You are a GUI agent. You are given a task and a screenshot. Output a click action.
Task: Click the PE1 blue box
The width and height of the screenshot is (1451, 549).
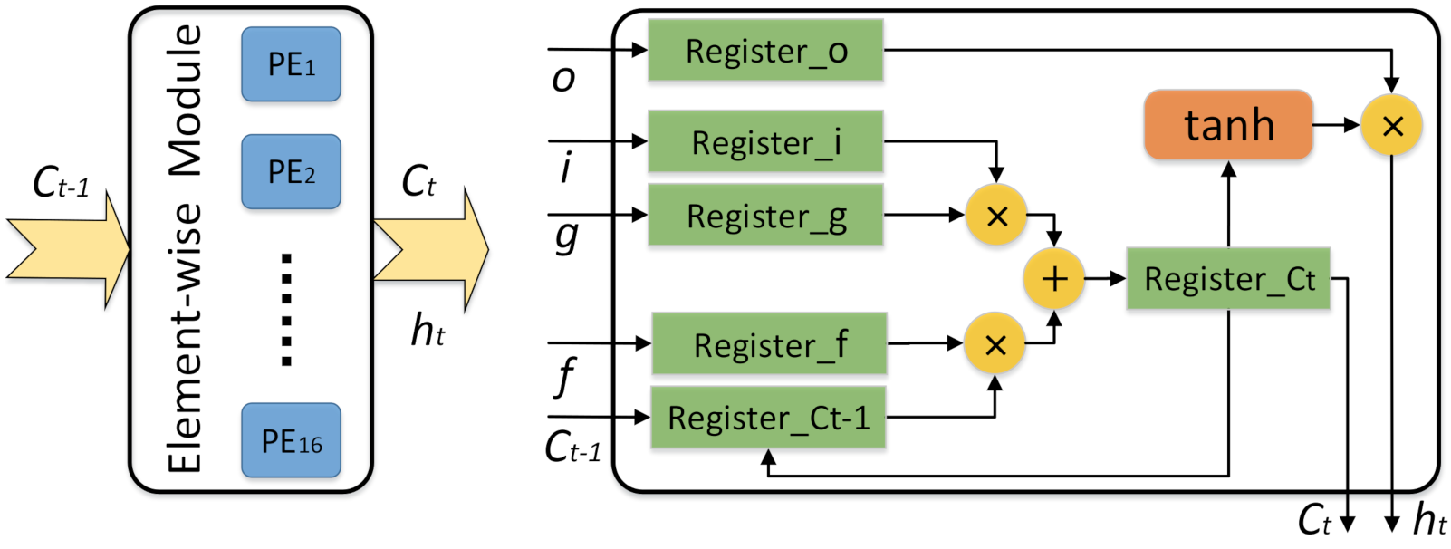tap(291, 64)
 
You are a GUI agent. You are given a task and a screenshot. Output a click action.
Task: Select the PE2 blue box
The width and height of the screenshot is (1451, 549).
tap(291, 171)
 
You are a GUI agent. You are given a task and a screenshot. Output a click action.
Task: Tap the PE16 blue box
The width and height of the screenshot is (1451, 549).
tap(291, 440)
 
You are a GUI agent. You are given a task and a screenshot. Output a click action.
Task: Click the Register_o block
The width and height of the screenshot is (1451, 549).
tap(765, 51)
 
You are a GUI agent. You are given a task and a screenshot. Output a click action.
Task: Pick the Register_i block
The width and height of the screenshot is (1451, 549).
tap(765, 141)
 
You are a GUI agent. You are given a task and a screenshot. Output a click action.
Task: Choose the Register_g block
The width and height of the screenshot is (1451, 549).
tap(765, 216)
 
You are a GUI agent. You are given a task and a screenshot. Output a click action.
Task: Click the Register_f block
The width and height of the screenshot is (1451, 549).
tap(769, 344)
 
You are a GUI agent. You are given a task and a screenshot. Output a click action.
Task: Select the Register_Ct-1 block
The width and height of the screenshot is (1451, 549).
tap(768, 418)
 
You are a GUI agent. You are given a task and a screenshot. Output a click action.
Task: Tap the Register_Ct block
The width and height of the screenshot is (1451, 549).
tap(1228, 279)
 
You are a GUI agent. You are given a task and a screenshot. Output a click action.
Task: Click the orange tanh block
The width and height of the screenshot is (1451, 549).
tap(1228, 125)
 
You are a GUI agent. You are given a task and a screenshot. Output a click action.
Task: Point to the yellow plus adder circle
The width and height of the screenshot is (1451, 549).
tap(1053, 279)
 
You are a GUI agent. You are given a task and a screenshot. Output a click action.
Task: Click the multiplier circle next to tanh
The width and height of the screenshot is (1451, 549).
tap(1392, 125)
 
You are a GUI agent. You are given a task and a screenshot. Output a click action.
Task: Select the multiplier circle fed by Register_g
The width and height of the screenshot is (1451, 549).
tap(996, 216)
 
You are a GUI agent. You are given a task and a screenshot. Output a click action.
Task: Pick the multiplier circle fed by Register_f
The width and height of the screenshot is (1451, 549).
tap(995, 344)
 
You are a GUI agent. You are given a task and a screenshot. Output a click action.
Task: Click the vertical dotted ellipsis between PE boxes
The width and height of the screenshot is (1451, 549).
tap(286, 309)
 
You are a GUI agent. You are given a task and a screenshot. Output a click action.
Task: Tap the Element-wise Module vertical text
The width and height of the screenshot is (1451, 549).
tap(186, 249)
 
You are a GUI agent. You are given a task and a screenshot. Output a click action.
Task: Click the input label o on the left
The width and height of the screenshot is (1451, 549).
tap(563, 78)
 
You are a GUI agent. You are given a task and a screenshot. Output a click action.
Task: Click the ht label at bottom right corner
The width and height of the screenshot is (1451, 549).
tap(1429, 521)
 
